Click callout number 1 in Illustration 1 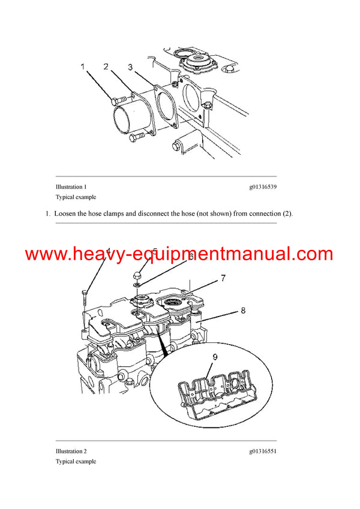coord(83,67)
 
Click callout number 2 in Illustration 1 coord(106,66)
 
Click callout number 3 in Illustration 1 coord(130,67)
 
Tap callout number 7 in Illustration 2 coord(223,278)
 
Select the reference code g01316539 coord(263,187)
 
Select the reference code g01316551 coord(263,451)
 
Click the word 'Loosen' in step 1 coord(65,213)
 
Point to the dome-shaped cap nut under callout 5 coord(137,274)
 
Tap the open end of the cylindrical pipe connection coord(125,114)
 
